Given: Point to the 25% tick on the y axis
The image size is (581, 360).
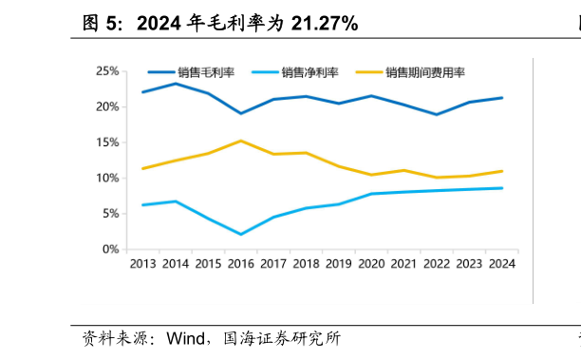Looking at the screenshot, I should pos(107,71).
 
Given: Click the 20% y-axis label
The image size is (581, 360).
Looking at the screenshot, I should pos(107,107).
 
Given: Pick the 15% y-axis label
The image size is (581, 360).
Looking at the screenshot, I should pos(107,142).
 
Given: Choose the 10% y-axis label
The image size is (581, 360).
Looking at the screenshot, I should pos(107,179).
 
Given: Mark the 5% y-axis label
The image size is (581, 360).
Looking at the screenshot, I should pos(110,214).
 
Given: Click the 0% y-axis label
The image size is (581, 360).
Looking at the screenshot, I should pos(110,249).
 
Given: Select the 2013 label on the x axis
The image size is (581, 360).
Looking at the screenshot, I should pos(142,265).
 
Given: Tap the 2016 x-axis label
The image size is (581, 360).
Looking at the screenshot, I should pos(240,265).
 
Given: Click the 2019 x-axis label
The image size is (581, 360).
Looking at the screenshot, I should pos(338,265).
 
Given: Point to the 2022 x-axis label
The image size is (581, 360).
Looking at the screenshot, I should pos(436,265).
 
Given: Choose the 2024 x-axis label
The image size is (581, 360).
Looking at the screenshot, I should pos(500,265).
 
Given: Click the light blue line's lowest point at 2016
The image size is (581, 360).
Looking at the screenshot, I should pos(240,235).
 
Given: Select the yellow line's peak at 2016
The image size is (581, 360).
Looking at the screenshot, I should pos(240,141).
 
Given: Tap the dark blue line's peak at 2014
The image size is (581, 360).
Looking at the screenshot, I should pos(175,84).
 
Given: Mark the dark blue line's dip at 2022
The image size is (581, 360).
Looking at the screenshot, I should pos(436,114).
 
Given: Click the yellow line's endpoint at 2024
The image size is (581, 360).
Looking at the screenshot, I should pos(501,171).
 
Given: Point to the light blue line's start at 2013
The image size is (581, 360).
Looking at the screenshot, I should pos(142,205).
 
